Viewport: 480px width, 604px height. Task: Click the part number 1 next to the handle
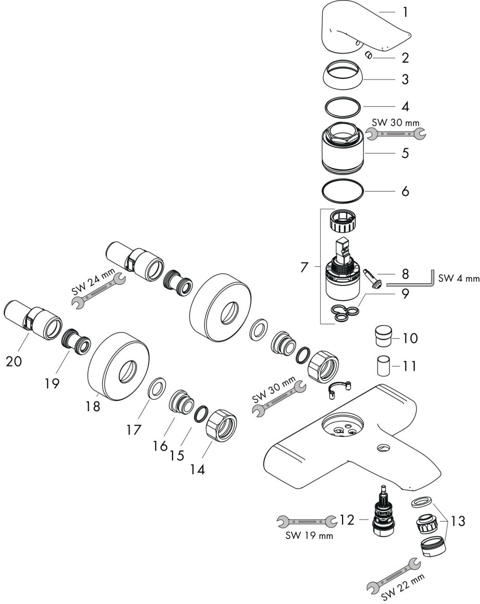(405, 13)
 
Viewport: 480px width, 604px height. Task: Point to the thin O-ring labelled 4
(343, 107)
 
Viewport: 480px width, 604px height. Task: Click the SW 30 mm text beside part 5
(396, 123)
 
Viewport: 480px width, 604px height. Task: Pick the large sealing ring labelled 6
(343, 191)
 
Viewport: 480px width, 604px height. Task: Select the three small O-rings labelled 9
(345, 313)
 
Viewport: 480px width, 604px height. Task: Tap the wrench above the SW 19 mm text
(307, 521)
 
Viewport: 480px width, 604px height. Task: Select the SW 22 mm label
(403, 587)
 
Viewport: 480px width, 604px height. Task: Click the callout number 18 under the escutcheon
(93, 406)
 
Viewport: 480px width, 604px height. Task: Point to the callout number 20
(14, 361)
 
